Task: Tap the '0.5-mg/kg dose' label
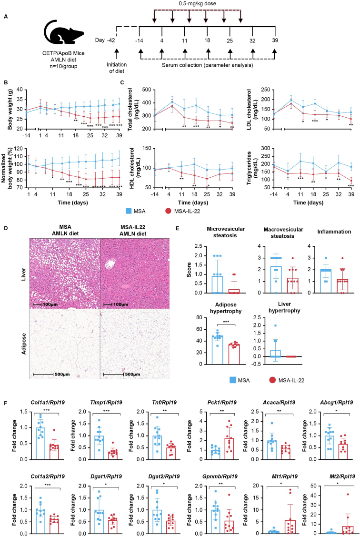(x=199, y=4)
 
